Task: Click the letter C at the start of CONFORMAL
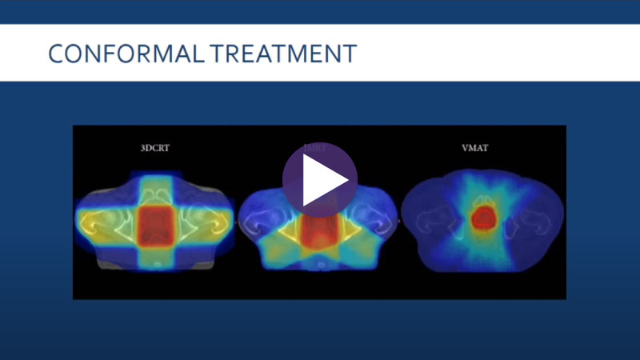click(55, 54)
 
